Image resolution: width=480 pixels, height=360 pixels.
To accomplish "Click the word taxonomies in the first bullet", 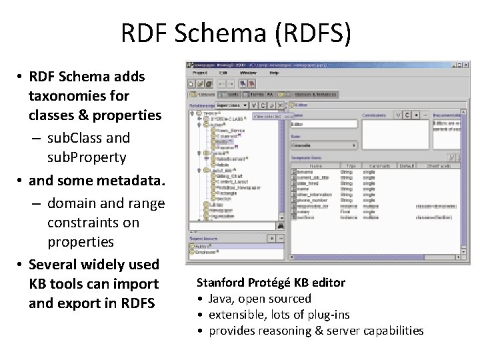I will pyautogui.click(x=79, y=95).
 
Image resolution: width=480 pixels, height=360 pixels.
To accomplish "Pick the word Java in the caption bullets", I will pyautogui.click(x=222, y=299).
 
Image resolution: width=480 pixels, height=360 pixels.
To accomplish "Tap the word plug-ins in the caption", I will pyautogui.click(x=327, y=315).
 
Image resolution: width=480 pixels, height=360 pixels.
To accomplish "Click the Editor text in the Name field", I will pyautogui.click(x=298, y=124).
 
